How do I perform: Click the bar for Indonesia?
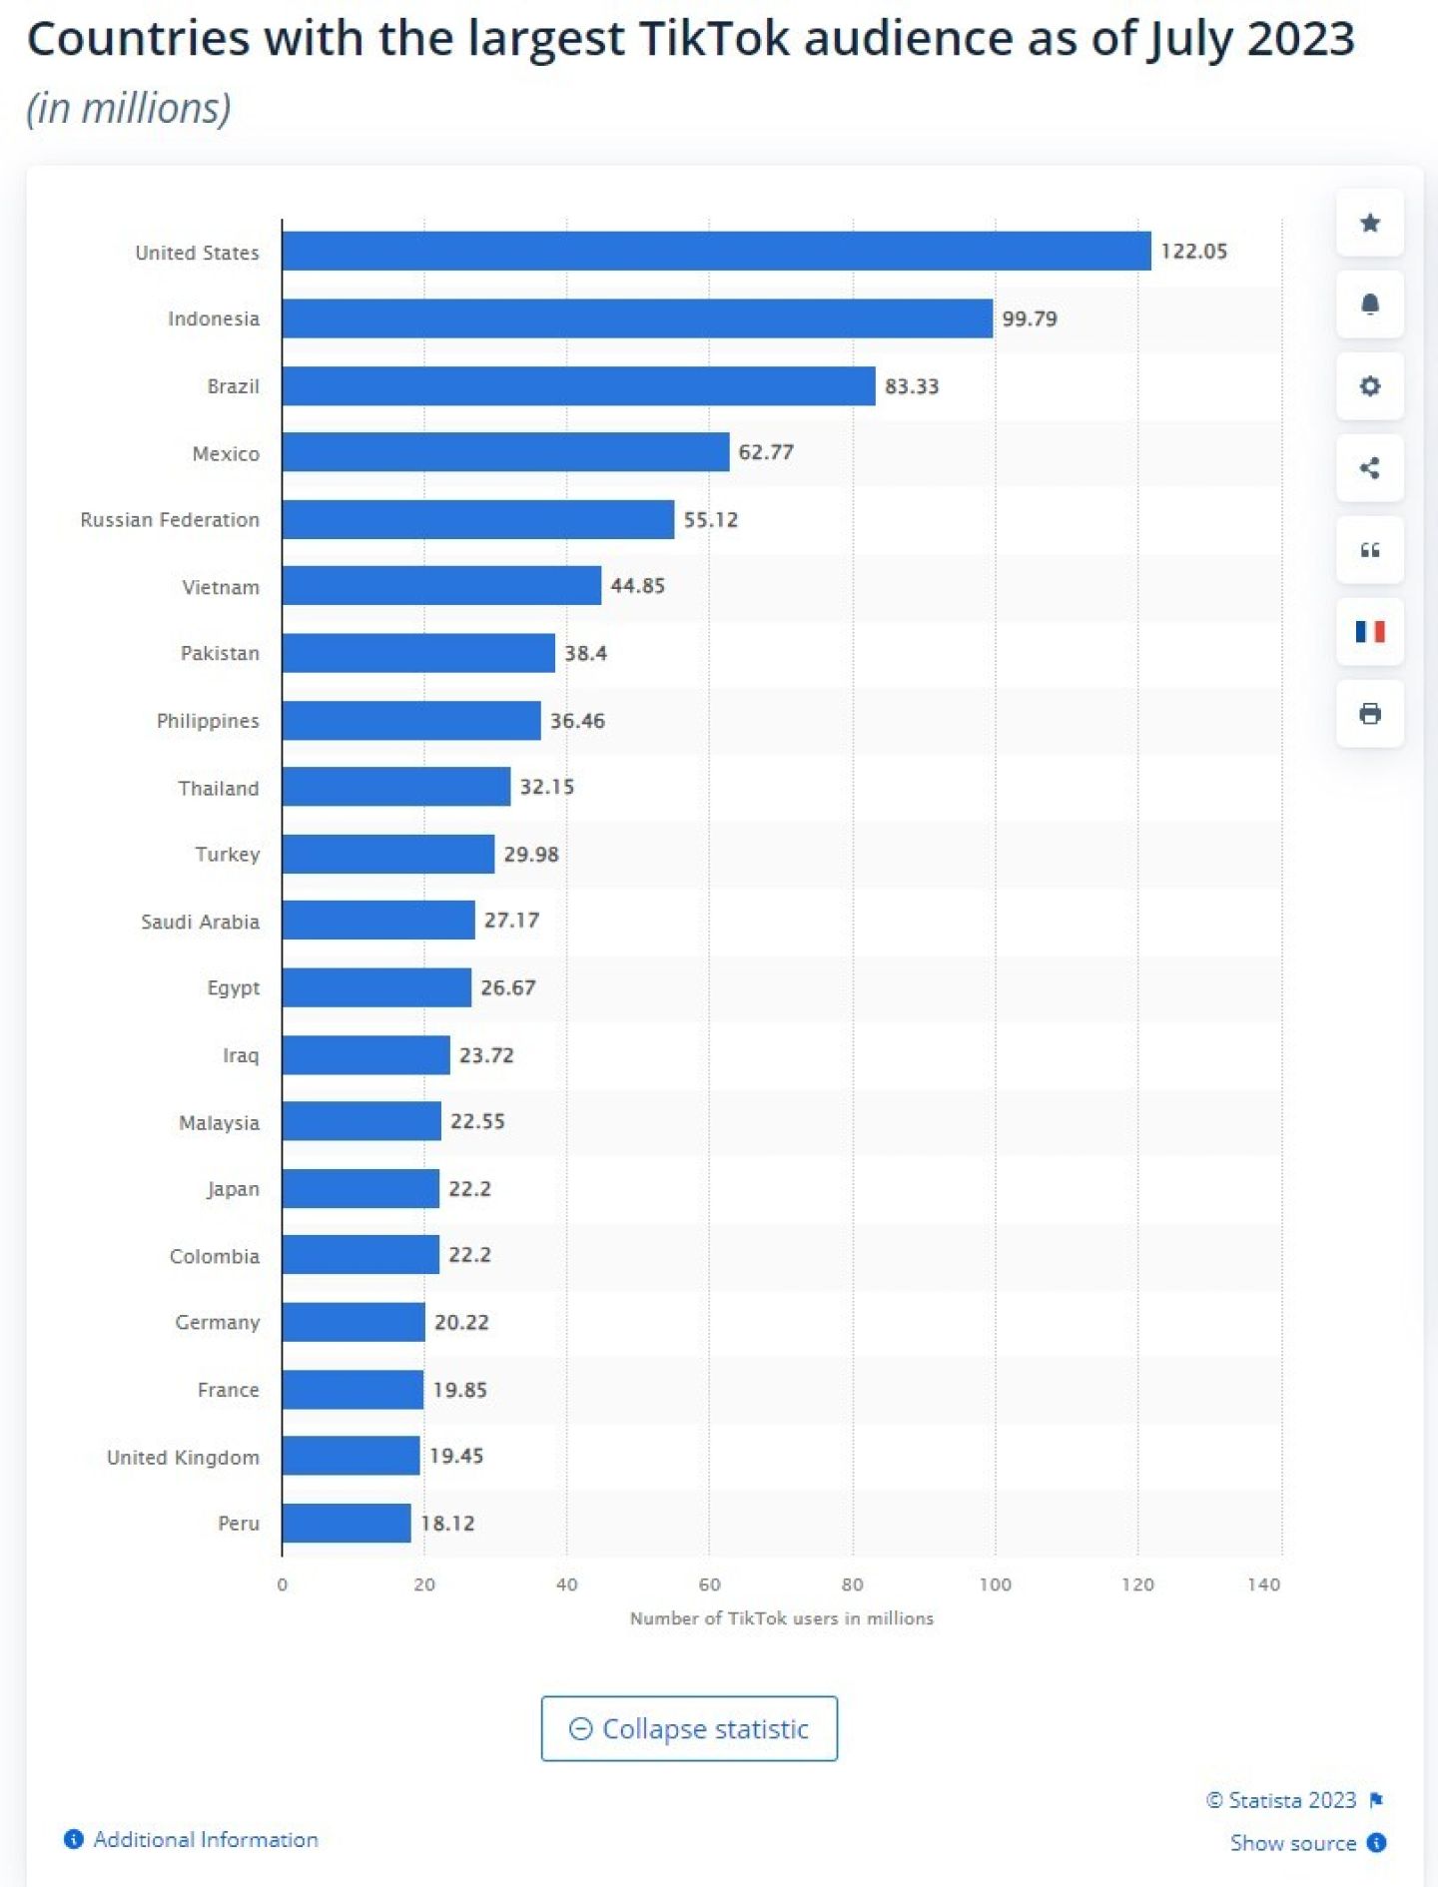(x=637, y=318)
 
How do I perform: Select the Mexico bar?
(x=505, y=452)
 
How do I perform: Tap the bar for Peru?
(x=347, y=1523)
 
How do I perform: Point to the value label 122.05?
(x=1193, y=252)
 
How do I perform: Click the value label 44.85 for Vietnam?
(x=637, y=586)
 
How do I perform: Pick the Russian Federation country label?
(x=170, y=520)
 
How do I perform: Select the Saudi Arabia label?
(x=200, y=922)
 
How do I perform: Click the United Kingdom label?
(x=183, y=1458)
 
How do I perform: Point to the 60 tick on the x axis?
(x=709, y=1584)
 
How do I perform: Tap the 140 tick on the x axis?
(x=1263, y=1584)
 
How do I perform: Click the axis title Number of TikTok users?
(x=781, y=1618)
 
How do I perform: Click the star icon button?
(x=1370, y=223)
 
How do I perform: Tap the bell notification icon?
(x=1370, y=305)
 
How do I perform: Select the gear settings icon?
(x=1370, y=386)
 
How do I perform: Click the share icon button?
(x=1370, y=468)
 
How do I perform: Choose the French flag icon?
(x=1370, y=632)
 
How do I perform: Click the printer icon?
(x=1370, y=714)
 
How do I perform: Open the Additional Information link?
(x=205, y=1840)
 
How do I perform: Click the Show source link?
(x=1293, y=1843)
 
